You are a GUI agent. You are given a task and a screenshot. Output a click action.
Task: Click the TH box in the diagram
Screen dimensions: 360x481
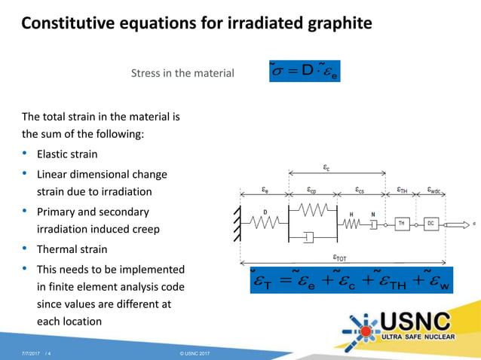pyautogui.click(x=402, y=224)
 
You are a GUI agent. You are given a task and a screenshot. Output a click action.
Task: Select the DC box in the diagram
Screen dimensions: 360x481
pyautogui.click(x=430, y=224)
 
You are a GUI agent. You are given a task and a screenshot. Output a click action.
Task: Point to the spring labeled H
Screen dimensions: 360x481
pyautogui.click(x=351, y=224)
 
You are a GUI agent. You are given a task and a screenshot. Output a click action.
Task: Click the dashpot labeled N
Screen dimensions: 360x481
pyautogui.click(x=372, y=224)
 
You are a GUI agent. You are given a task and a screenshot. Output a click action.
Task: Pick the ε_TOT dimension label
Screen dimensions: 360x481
pyautogui.click(x=341, y=258)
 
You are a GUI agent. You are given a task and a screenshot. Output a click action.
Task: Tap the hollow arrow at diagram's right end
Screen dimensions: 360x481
pyautogui.click(x=456, y=224)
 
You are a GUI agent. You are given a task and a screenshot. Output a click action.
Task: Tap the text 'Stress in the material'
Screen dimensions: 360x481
pyautogui.click(x=182, y=74)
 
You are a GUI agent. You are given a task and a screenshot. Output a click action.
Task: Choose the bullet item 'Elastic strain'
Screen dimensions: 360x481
pyautogui.click(x=67, y=154)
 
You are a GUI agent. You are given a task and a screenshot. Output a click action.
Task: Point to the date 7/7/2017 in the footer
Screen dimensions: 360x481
pyautogui.click(x=31, y=352)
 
